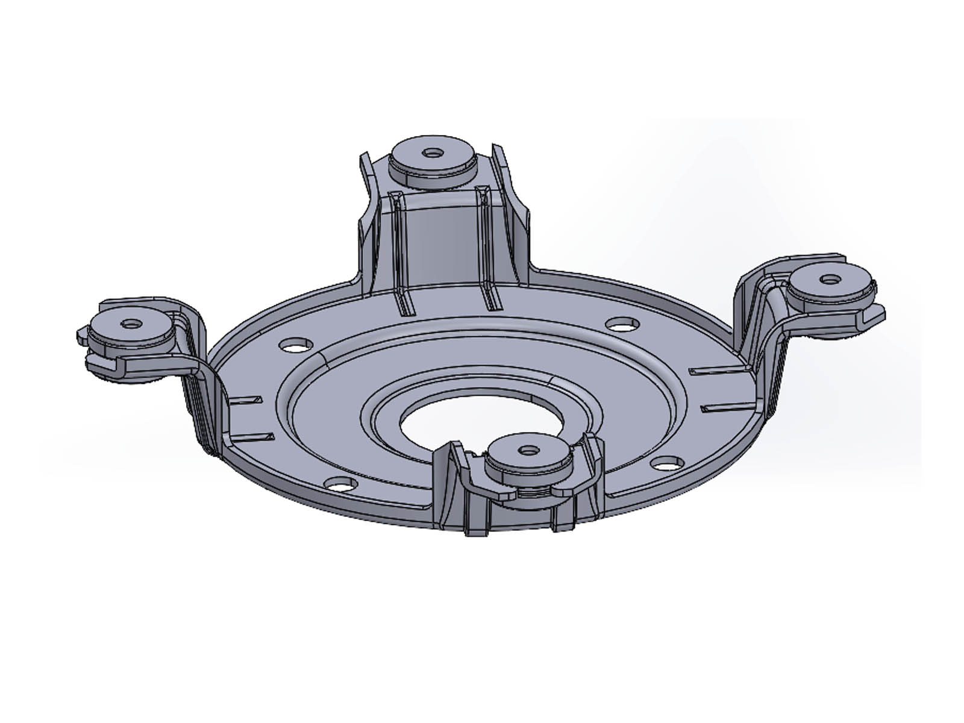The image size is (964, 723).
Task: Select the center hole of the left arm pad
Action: tap(130, 324)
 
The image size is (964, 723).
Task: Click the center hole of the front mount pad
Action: tap(529, 449)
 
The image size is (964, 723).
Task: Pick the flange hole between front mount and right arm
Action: tap(665, 463)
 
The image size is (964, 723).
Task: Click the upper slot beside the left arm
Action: tap(246, 399)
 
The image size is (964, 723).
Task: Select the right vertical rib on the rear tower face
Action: tap(487, 247)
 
